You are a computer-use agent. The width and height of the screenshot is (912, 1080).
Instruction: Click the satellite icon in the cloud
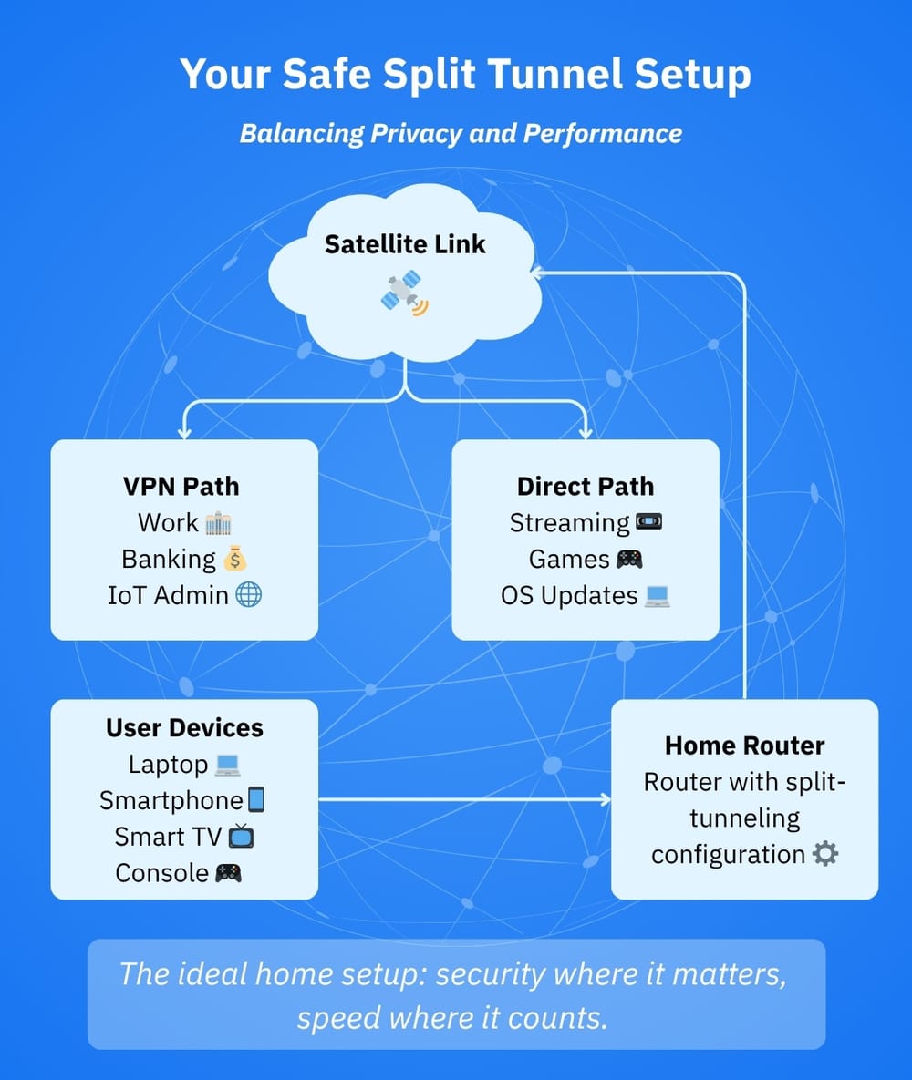(x=405, y=293)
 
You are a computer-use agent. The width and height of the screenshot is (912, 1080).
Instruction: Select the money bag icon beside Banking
(x=235, y=559)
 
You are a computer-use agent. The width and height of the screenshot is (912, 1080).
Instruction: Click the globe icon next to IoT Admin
(x=248, y=595)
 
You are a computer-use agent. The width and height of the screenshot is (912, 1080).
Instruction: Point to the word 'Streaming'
(x=569, y=523)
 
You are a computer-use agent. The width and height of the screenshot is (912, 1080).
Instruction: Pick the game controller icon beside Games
(x=629, y=559)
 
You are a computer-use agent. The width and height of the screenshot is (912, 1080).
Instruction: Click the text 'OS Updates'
(x=569, y=595)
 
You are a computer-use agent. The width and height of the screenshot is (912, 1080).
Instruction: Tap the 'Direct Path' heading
(x=586, y=486)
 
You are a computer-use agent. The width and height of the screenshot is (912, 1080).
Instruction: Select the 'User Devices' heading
(x=184, y=727)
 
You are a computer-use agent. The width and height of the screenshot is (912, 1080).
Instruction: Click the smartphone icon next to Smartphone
(x=256, y=800)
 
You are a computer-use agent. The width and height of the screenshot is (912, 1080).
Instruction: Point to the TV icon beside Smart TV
(x=241, y=836)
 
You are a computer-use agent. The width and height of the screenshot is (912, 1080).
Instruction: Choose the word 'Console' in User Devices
(x=162, y=872)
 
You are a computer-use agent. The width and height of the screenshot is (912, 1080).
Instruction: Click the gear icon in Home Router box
(x=824, y=854)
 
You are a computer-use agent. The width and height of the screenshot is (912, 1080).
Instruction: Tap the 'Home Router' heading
(x=744, y=746)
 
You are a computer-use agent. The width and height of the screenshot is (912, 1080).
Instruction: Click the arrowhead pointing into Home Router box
(x=604, y=800)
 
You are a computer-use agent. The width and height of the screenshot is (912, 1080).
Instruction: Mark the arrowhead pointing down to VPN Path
(x=185, y=432)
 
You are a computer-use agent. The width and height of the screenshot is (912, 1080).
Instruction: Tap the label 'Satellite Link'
(x=406, y=244)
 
